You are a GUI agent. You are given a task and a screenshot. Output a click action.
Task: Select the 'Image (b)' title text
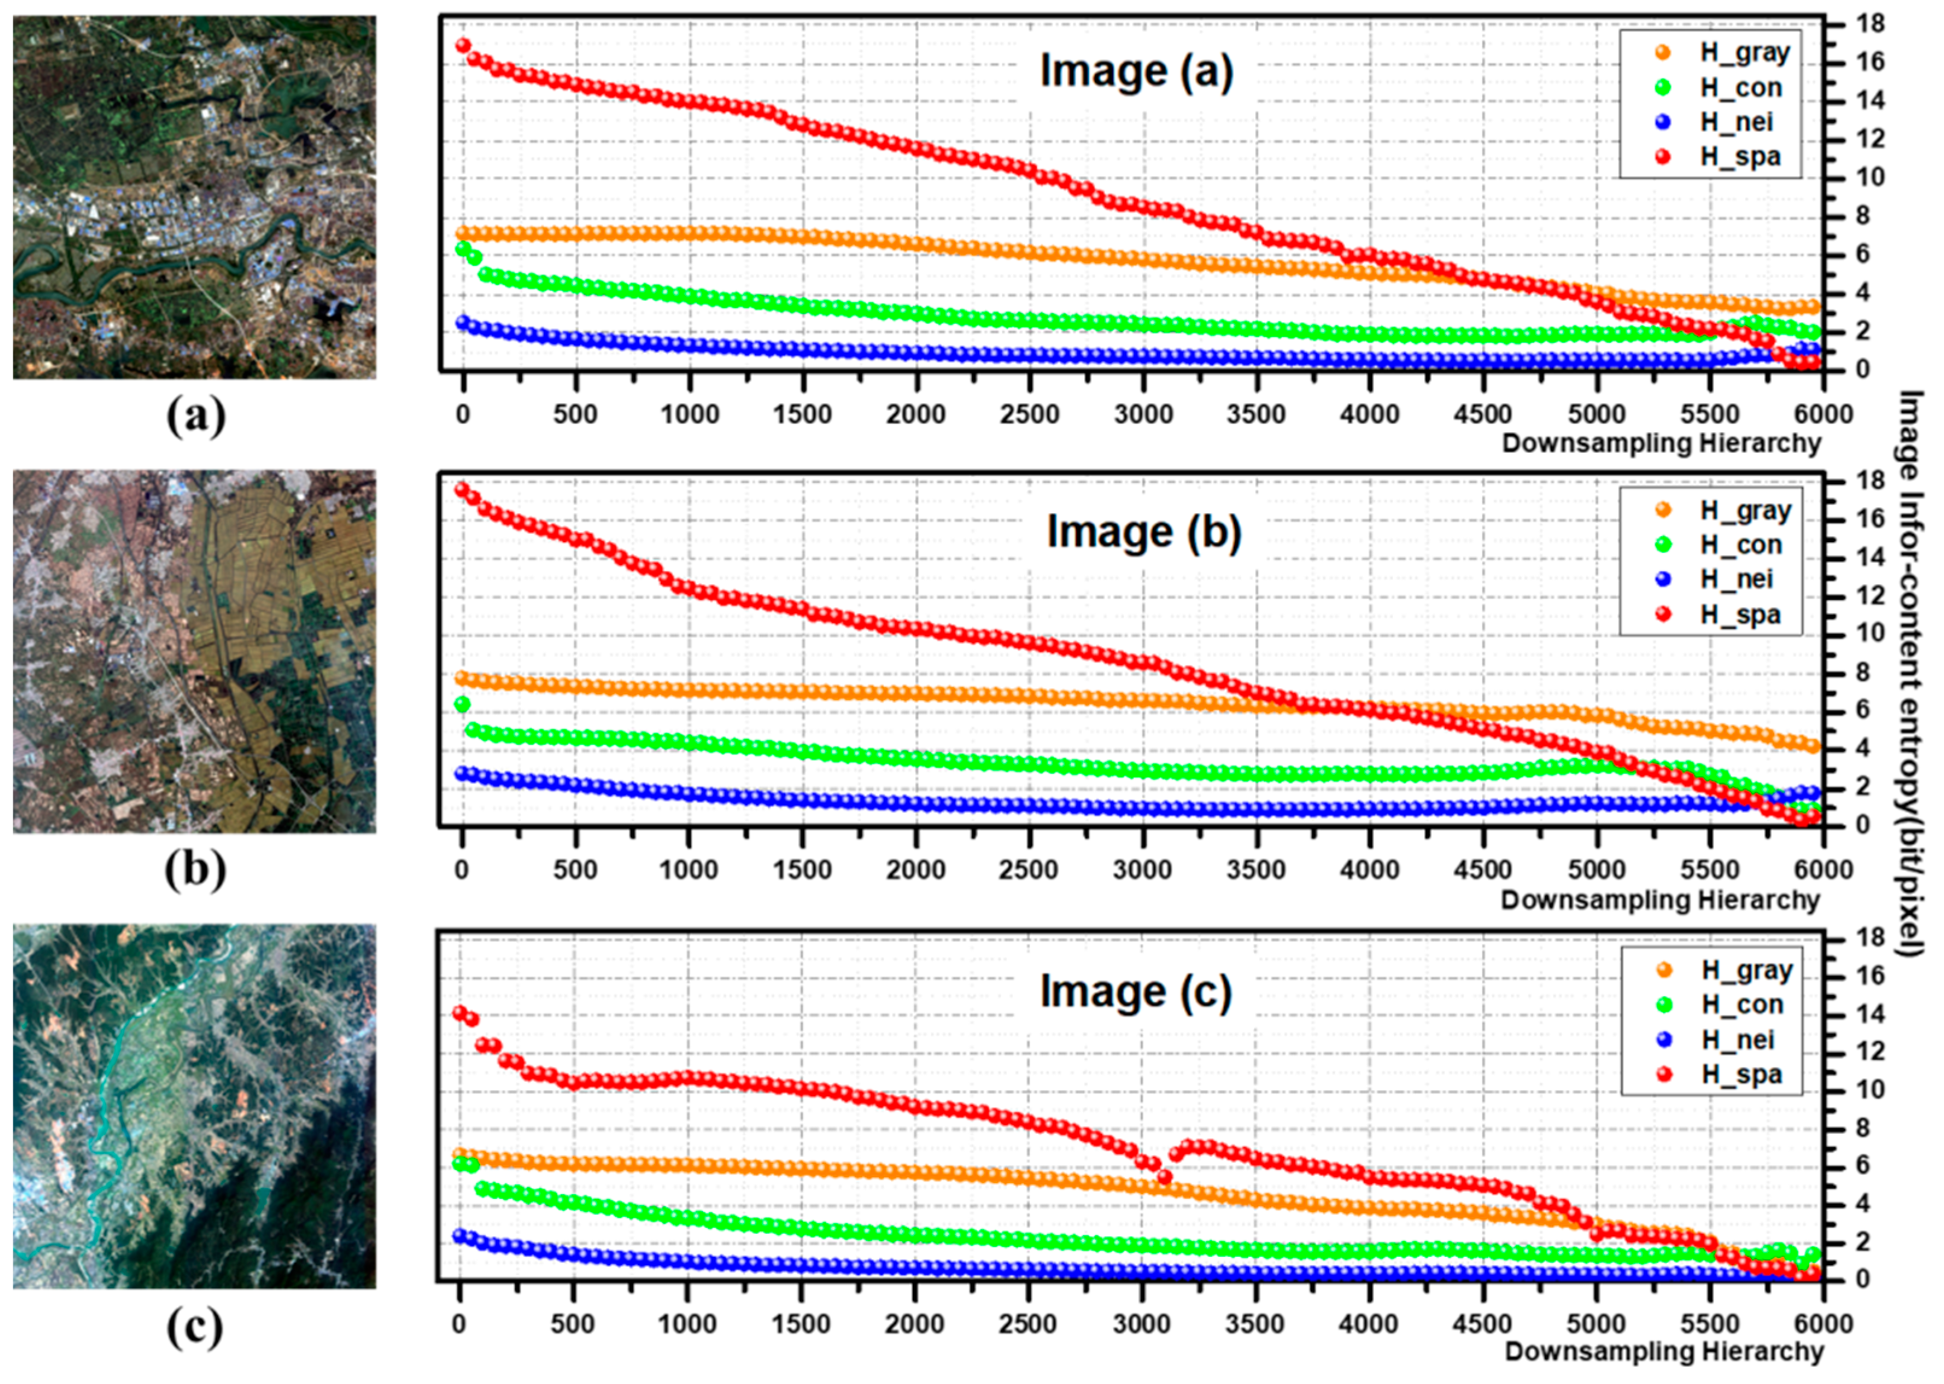click(1143, 532)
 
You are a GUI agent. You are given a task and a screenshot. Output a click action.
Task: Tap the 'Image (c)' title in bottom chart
click(1135, 991)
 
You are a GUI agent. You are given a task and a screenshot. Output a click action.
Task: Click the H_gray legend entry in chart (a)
click(1743, 53)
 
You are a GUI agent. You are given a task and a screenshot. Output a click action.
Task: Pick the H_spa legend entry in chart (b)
click(1740, 615)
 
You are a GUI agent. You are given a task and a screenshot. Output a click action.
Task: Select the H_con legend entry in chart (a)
click(1740, 88)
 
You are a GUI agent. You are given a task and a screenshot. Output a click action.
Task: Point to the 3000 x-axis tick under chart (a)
click(1143, 415)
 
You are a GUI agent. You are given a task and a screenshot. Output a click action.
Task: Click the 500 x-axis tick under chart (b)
click(575, 871)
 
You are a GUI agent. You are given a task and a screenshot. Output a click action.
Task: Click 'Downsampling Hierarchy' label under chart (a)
click(1661, 443)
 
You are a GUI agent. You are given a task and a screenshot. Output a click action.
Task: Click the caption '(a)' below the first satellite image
click(196, 417)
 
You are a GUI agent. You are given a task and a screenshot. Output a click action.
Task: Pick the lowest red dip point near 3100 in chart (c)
click(1164, 1177)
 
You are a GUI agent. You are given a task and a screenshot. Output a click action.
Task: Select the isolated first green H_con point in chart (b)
click(462, 704)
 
